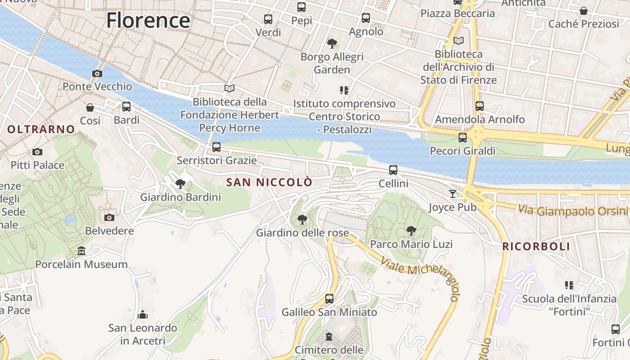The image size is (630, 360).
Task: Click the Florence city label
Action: (148, 21)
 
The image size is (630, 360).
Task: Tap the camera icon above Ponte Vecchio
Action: (97, 73)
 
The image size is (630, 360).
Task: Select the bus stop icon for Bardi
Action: (126, 107)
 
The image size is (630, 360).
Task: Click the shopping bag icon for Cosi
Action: (90, 108)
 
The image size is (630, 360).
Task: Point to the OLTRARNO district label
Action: (41, 130)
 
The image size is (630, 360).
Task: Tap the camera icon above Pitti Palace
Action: (37, 152)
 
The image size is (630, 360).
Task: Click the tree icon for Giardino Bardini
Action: (180, 184)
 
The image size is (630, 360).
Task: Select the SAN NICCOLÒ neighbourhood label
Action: (269, 182)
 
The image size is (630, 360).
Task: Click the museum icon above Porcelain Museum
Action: (81, 251)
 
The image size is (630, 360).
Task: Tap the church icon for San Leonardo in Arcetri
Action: (143, 314)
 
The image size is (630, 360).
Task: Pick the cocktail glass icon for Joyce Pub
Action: (452, 194)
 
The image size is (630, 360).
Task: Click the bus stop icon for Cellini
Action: (393, 170)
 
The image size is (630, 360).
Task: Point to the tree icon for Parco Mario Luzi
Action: (411, 231)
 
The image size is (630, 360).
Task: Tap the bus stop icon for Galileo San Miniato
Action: (329, 298)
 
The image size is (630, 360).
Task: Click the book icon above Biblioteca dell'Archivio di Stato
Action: (459, 41)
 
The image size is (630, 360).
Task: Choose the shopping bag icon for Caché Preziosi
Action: (584, 11)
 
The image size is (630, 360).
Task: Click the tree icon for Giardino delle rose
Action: (302, 220)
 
